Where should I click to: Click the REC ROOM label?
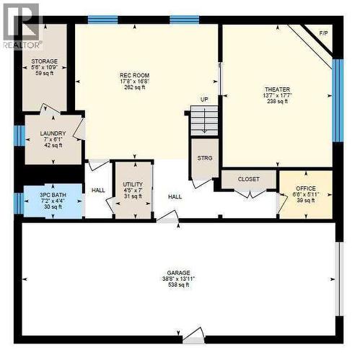tap(134, 75)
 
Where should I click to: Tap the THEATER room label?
tap(276, 90)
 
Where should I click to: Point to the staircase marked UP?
tap(204, 120)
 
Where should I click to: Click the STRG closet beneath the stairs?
tap(205, 158)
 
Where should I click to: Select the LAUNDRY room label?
tap(53, 134)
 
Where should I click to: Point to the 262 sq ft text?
tap(134, 88)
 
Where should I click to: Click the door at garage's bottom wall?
tap(193, 335)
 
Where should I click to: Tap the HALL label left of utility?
tap(98, 191)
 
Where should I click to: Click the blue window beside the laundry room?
tap(19, 135)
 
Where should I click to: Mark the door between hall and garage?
tap(168, 217)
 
